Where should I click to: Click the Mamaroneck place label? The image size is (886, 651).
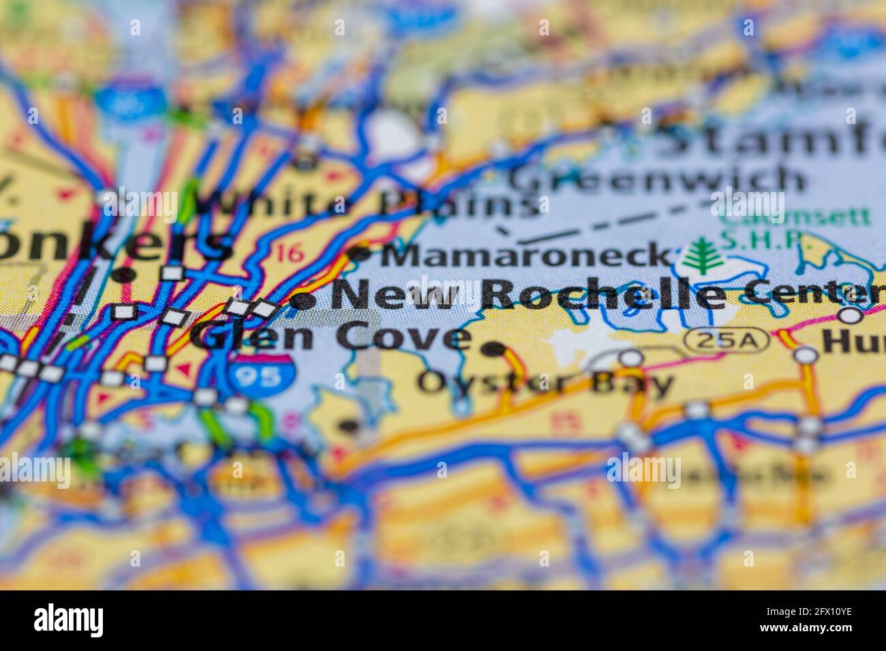pyautogui.click(x=525, y=255)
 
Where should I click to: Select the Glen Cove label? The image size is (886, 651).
pyautogui.click(x=331, y=336)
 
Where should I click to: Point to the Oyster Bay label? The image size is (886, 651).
pyautogui.click(x=545, y=383)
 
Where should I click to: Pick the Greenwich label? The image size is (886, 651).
pyautogui.click(x=658, y=179)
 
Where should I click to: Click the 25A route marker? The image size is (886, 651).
pyautogui.click(x=727, y=339)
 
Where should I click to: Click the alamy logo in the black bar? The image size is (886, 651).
pyautogui.click(x=69, y=620)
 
